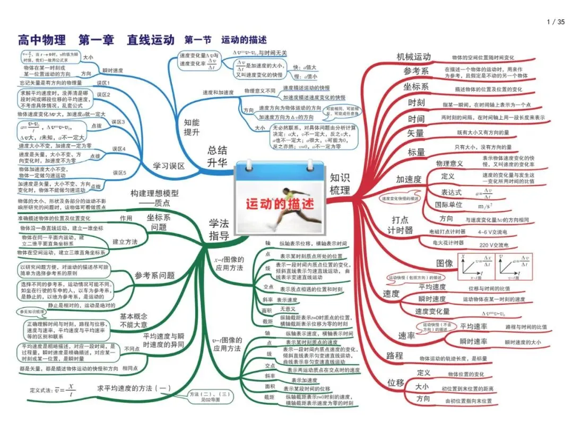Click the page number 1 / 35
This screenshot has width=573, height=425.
pos(555,22)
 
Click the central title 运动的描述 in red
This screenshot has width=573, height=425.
pos(280,203)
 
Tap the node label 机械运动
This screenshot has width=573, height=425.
pos(413,57)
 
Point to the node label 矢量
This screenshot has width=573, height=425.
pos(416,133)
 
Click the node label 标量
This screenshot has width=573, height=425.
pos(416,152)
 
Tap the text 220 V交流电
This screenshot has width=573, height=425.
pos(493,245)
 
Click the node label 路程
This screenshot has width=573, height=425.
pos(395,356)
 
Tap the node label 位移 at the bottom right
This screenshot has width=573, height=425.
pos(396,383)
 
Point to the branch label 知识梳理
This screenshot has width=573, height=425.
pos(340,183)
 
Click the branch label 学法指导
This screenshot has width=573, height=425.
pos(219,229)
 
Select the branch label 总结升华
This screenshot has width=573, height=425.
pos(217,156)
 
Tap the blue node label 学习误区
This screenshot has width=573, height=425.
pos(169,166)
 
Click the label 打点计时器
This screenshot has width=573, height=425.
pos(402,225)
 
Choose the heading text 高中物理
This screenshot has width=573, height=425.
pos(42,40)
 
